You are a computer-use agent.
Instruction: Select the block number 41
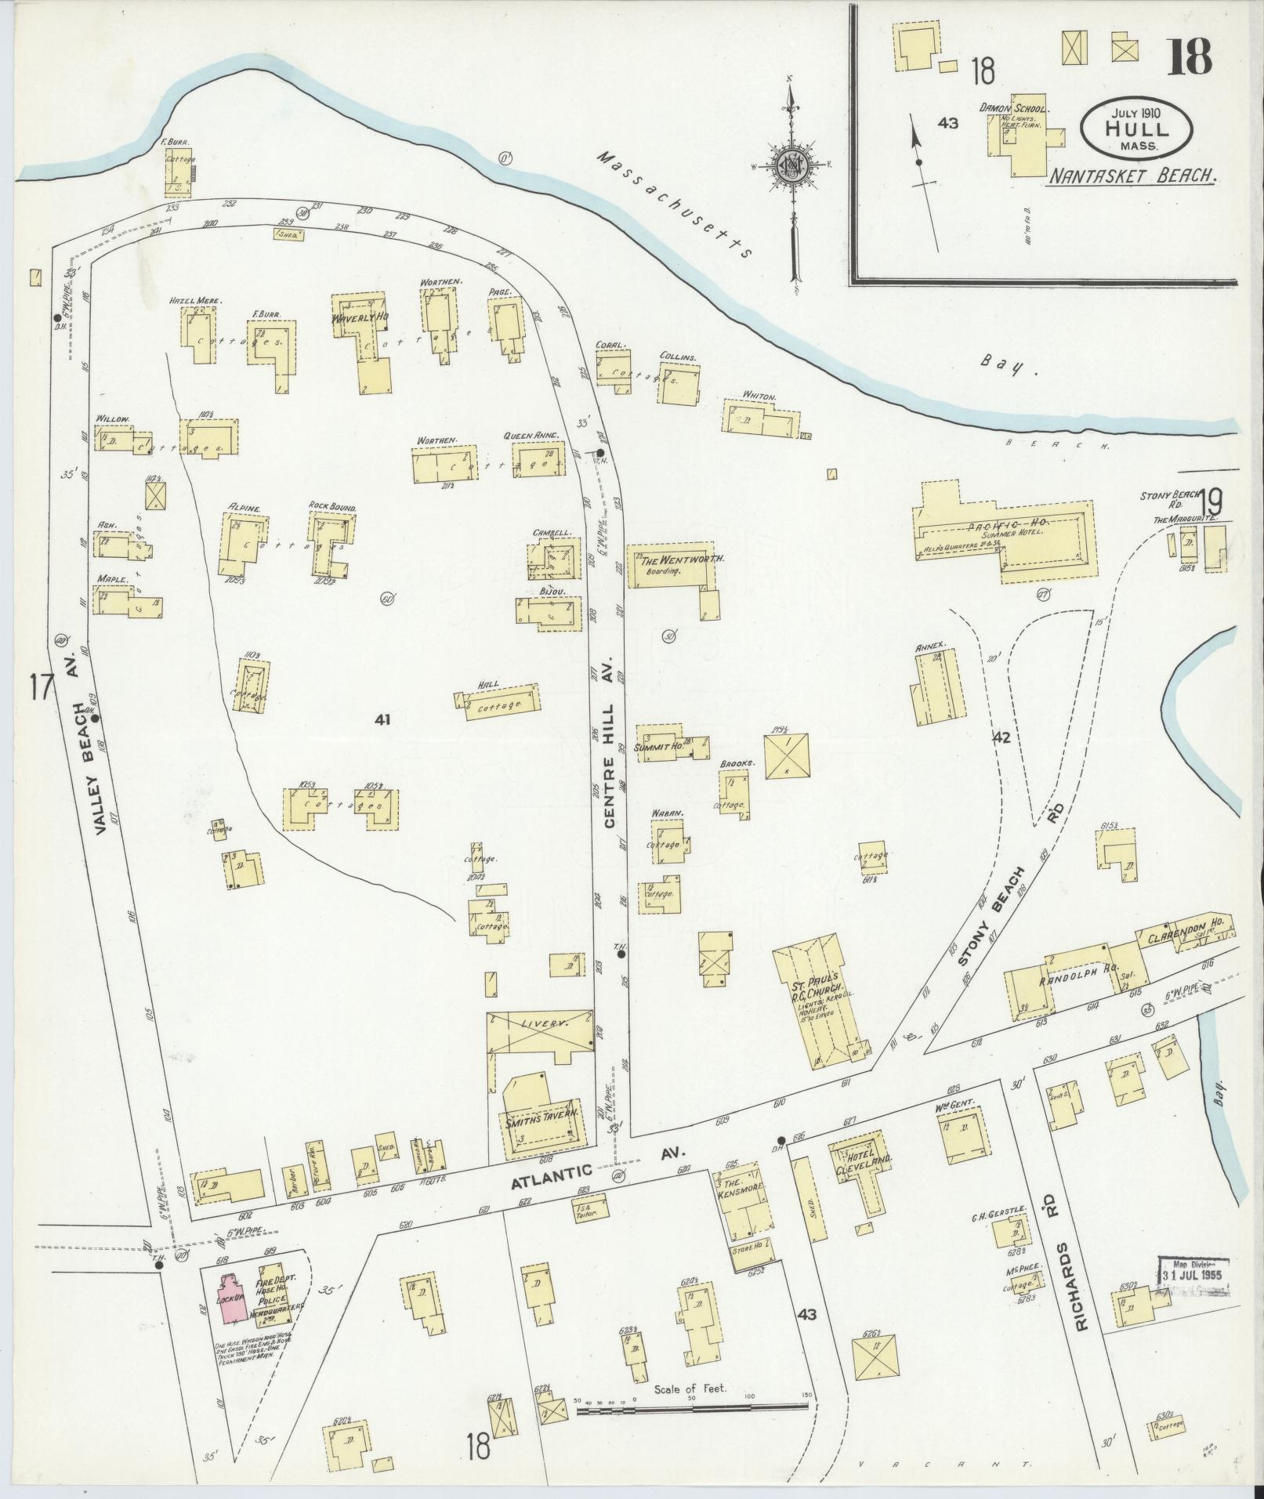click(x=382, y=719)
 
